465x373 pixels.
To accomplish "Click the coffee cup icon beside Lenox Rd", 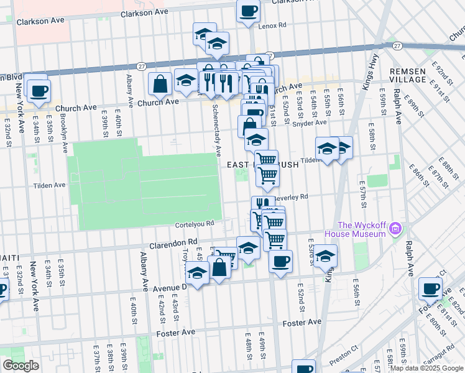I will click(x=248, y=11).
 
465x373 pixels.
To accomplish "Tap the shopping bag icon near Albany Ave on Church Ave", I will click(x=160, y=84).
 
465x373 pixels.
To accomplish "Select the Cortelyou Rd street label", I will click(x=195, y=223).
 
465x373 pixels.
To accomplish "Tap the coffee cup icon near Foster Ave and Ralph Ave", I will click(x=430, y=288).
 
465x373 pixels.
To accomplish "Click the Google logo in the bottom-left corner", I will click(x=21, y=366).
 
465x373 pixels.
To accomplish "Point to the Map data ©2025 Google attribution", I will click(x=426, y=368).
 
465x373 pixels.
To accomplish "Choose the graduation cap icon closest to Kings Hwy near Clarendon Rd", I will click(x=325, y=256).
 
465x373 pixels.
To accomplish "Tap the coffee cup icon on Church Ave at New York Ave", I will click(x=38, y=90).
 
